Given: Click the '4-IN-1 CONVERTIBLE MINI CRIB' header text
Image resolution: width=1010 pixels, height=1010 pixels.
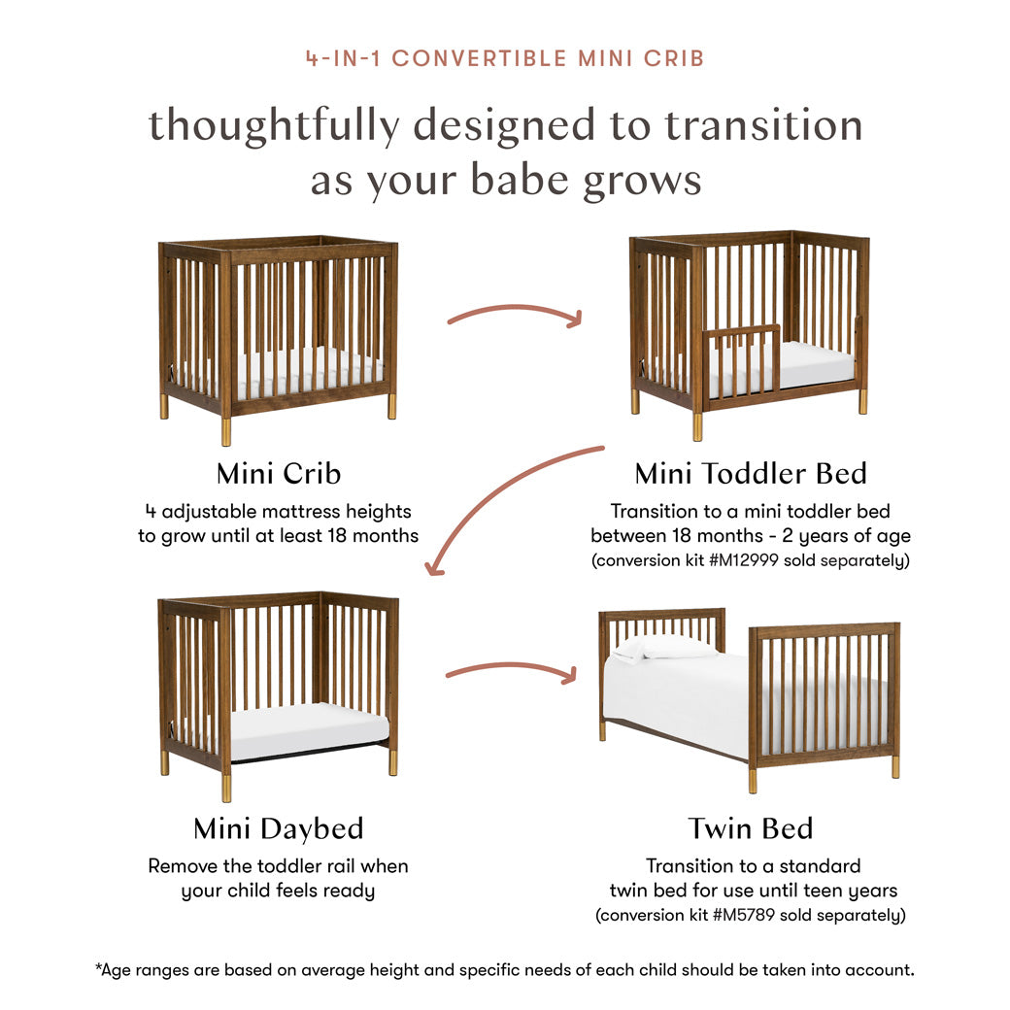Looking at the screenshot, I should pos(505,57).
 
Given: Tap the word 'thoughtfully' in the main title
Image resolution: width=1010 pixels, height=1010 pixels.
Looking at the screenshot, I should pos(274,126).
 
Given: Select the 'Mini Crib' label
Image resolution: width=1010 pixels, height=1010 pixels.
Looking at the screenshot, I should pos(278,474).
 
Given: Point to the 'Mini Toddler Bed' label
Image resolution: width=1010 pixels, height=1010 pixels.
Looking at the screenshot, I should pos(750,474).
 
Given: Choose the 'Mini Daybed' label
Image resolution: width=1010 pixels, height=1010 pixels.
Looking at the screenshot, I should pos(278,829).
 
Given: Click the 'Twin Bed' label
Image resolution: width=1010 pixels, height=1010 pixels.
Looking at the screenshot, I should pos(750,829).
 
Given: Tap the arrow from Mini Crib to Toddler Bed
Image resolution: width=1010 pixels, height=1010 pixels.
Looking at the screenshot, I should pos(515,313).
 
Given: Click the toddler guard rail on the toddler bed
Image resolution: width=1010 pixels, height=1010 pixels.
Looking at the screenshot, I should pos(741,359).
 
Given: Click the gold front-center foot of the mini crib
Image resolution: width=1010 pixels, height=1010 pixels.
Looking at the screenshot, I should pos(226,430).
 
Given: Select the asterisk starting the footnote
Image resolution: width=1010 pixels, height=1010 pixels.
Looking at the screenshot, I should pos(99,968).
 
